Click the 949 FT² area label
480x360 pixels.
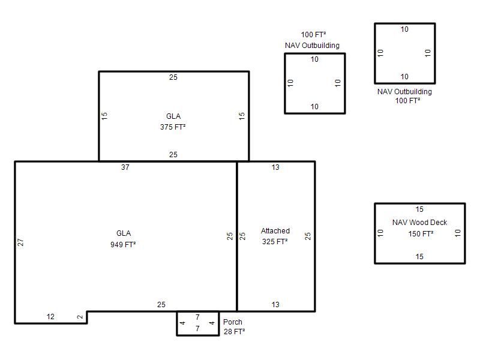(123, 244)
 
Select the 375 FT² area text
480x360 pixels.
(173, 127)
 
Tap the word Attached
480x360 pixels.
(275, 231)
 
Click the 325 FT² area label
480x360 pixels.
(275, 242)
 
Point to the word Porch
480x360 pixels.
(233, 322)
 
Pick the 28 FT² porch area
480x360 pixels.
(234, 332)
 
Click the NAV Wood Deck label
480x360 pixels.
(419, 222)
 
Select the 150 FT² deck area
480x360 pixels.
(421, 234)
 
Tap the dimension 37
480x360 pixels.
(125, 167)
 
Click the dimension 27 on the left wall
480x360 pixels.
(20, 242)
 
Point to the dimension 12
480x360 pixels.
(50, 317)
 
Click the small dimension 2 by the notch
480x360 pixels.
(80, 317)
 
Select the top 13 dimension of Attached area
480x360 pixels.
(275, 167)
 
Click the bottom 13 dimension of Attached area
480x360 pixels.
(275, 305)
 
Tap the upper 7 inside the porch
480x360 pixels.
(197, 317)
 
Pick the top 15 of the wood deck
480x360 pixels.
(419, 209)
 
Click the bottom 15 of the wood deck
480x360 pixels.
(419, 257)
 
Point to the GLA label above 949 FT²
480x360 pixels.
(124, 233)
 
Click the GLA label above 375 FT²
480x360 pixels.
(173, 116)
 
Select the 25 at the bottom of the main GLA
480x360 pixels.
(161, 305)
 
